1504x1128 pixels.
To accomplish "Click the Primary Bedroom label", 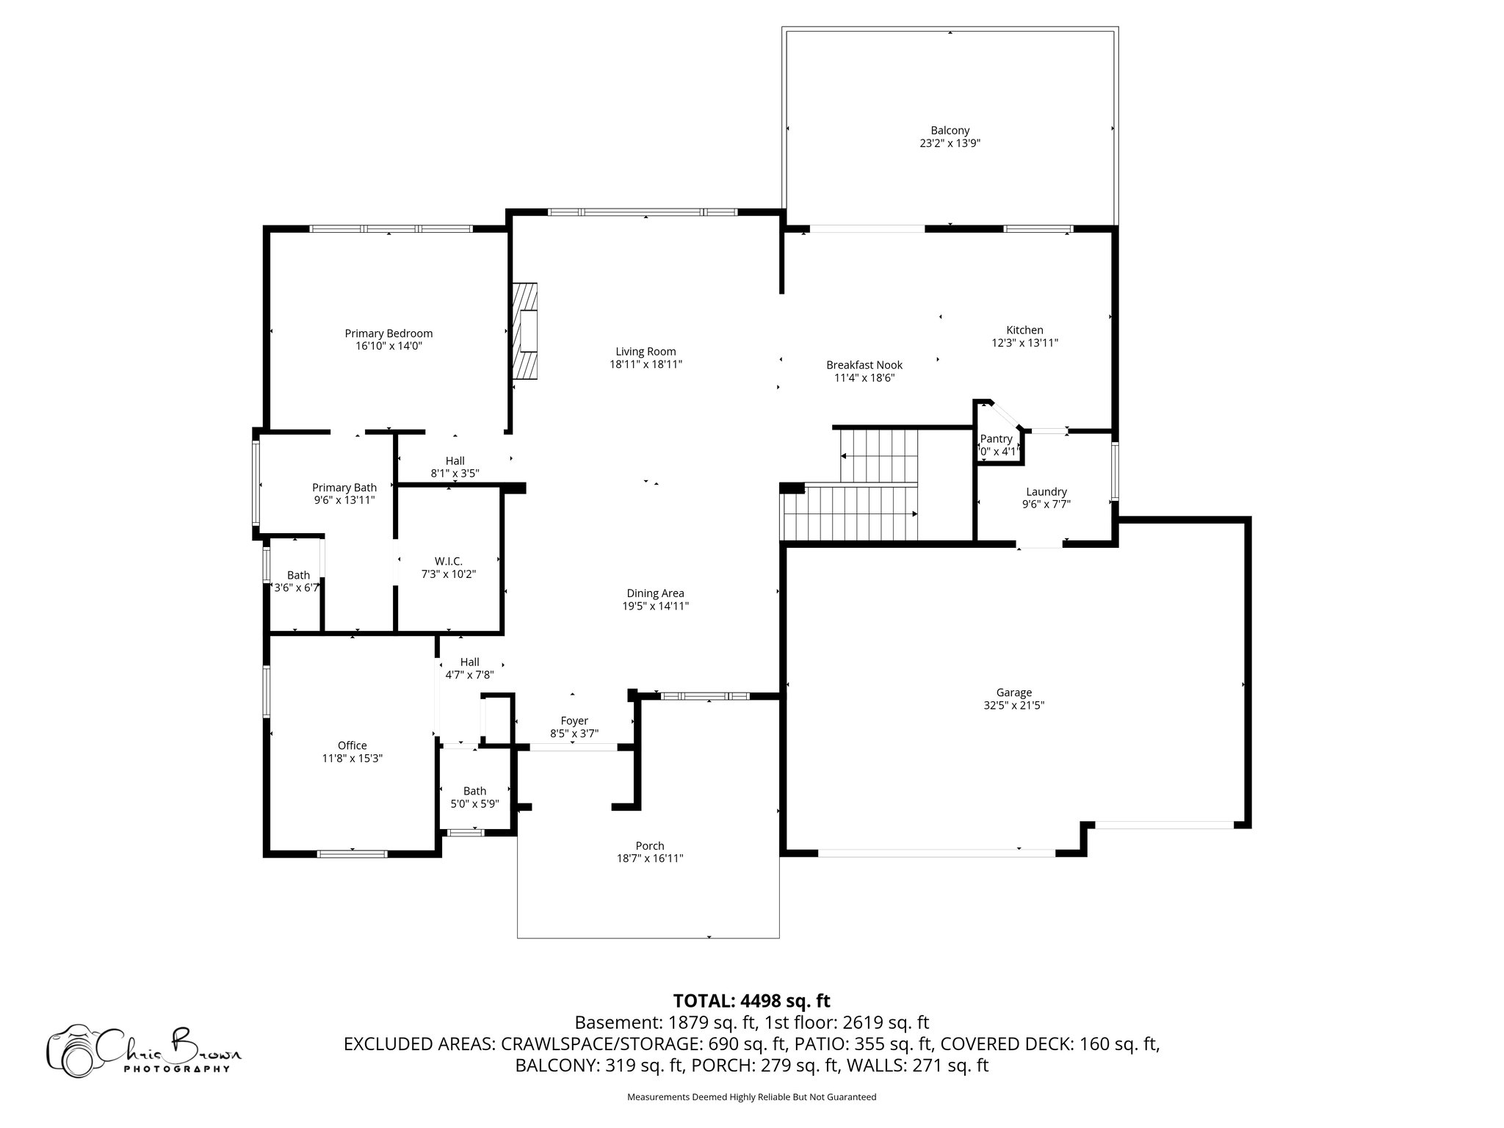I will point(388,333).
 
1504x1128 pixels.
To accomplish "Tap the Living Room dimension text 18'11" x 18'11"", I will point(646,364).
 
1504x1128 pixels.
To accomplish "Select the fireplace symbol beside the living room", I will point(525,330).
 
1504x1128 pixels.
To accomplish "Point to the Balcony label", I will point(950,131).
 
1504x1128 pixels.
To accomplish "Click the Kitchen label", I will point(1024,330).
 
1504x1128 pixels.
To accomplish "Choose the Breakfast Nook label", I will point(864,365).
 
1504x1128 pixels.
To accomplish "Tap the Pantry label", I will point(996,438).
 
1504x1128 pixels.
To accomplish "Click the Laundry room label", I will point(1046,492).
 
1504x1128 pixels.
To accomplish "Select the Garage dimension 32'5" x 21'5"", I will point(1013,705).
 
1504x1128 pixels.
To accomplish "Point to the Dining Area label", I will point(655,593).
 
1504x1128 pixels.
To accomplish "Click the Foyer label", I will point(574,721).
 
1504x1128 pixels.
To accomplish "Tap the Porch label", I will point(650,846).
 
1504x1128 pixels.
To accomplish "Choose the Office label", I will point(352,745).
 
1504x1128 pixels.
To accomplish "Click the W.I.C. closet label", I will point(448,562).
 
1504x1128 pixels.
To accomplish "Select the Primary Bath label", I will point(344,488).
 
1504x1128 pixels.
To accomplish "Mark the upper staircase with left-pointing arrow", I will point(879,455).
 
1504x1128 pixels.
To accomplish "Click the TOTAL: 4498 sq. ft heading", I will point(751,1000).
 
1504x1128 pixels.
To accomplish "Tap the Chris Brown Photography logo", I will point(143,1049).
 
